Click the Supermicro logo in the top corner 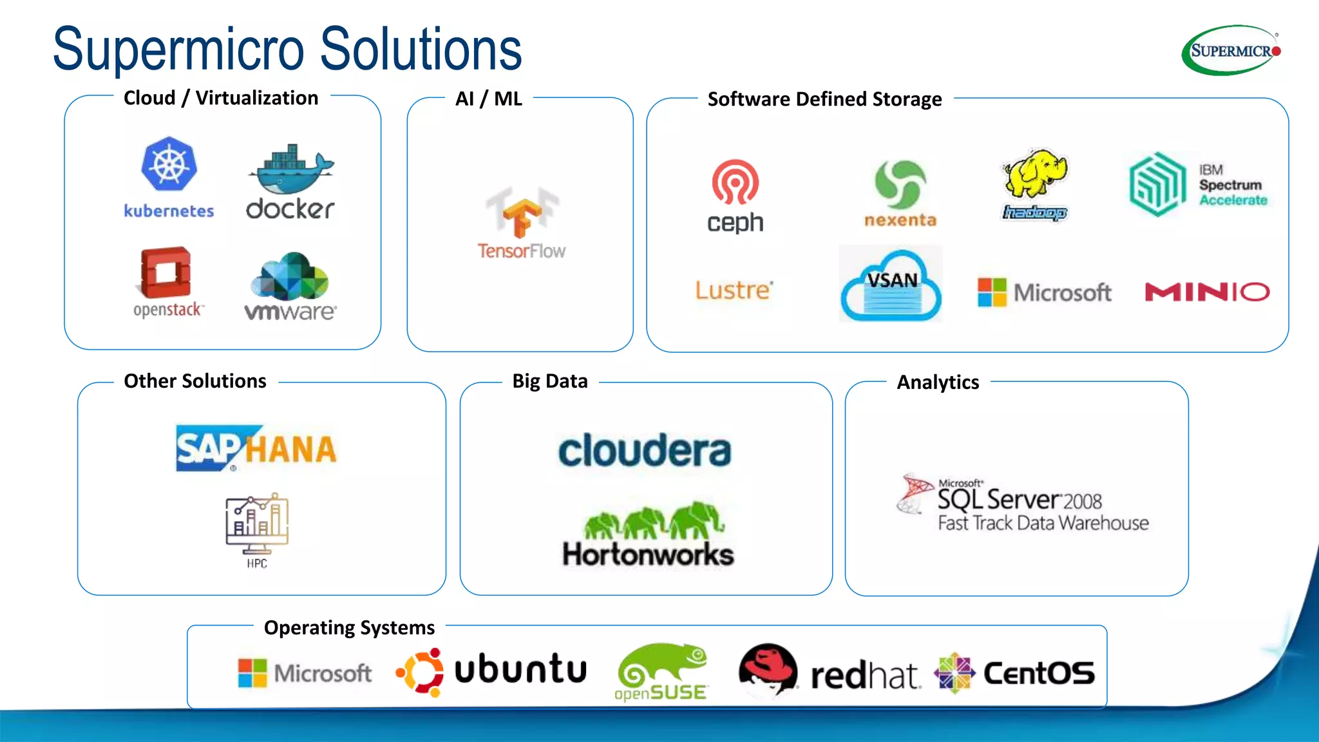(x=1231, y=50)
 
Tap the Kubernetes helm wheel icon (x=169, y=164)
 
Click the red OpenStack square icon (x=166, y=272)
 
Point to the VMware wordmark (x=290, y=312)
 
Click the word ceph (x=735, y=223)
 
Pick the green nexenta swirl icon (x=900, y=184)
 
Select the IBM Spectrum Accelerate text (x=1232, y=185)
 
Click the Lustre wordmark (x=734, y=290)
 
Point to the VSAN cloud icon (x=891, y=285)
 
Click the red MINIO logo (x=1207, y=292)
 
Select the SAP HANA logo (x=256, y=448)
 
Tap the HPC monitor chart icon (x=257, y=523)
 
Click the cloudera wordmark (x=645, y=451)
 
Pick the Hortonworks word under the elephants (x=648, y=555)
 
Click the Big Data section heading (x=550, y=381)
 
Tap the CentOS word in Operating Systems (x=1039, y=674)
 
